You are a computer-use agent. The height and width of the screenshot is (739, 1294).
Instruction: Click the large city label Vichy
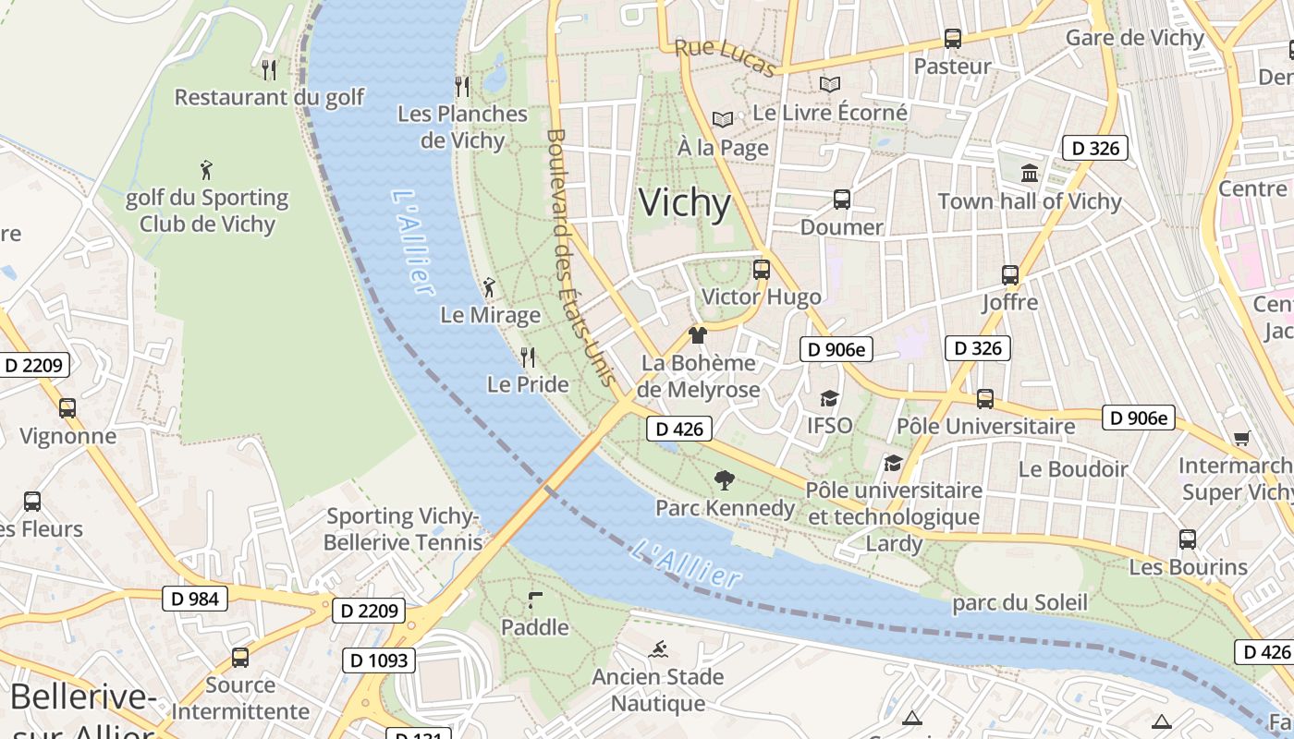tap(684, 203)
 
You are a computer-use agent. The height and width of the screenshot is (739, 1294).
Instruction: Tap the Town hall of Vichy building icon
tap(1029, 173)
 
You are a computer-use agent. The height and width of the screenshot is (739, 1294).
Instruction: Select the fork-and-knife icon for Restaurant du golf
tap(269, 69)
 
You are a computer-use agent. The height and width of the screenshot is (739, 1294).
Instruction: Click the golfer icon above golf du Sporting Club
tap(206, 170)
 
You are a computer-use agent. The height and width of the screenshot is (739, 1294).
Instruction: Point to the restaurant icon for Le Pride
tap(528, 357)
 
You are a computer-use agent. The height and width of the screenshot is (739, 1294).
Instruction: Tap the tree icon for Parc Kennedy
tap(725, 479)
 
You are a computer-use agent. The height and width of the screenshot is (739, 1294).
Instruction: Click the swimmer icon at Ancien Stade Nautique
tap(659, 648)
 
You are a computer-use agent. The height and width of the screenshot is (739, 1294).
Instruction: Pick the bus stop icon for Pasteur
tap(952, 39)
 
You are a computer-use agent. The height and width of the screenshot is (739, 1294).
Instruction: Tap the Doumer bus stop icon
tap(841, 199)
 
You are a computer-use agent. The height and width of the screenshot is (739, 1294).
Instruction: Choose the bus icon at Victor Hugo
tap(761, 269)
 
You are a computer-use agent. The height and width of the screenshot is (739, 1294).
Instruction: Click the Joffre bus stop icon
tap(1009, 274)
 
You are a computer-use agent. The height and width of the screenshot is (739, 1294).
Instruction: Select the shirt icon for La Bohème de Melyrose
tap(698, 335)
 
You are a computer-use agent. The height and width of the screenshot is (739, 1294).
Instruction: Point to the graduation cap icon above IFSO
tap(829, 398)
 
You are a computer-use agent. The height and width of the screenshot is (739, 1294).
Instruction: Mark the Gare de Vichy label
tap(1134, 38)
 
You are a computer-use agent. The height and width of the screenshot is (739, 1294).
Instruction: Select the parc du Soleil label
tap(1019, 603)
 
